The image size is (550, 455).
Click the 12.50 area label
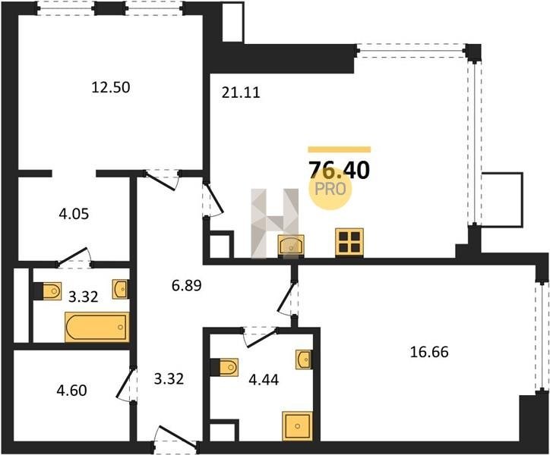click(x=110, y=87)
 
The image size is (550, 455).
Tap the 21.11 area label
click(x=241, y=93)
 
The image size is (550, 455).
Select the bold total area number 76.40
click(x=339, y=171)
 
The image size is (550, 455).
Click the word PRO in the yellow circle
click(x=330, y=189)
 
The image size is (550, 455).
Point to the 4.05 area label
click(x=74, y=214)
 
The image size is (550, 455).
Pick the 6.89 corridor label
click(x=187, y=286)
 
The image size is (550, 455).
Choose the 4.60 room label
click(x=71, y=391)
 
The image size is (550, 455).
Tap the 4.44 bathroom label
click(x=264, y=379)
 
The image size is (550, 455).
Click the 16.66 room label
click(x=429, y=352)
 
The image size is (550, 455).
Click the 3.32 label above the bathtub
click(x=83, y=297)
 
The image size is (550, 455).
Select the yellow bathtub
click(x=96, y=327)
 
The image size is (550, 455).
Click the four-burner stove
click(x=349, y=243)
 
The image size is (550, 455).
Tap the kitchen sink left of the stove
click(x=291, y=245)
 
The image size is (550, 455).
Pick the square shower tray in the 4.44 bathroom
click(x=298, y=426)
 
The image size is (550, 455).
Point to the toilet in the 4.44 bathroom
click(x=225, y=367)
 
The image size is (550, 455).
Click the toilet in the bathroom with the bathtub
click(x=49, y=290)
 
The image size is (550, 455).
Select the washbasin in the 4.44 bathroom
click(x=303, y=359)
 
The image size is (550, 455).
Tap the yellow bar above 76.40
click(x=339, y=149)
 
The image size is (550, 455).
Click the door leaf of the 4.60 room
click(x=123, y=384)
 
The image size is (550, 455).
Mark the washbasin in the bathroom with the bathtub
click(x=120, y=289)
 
